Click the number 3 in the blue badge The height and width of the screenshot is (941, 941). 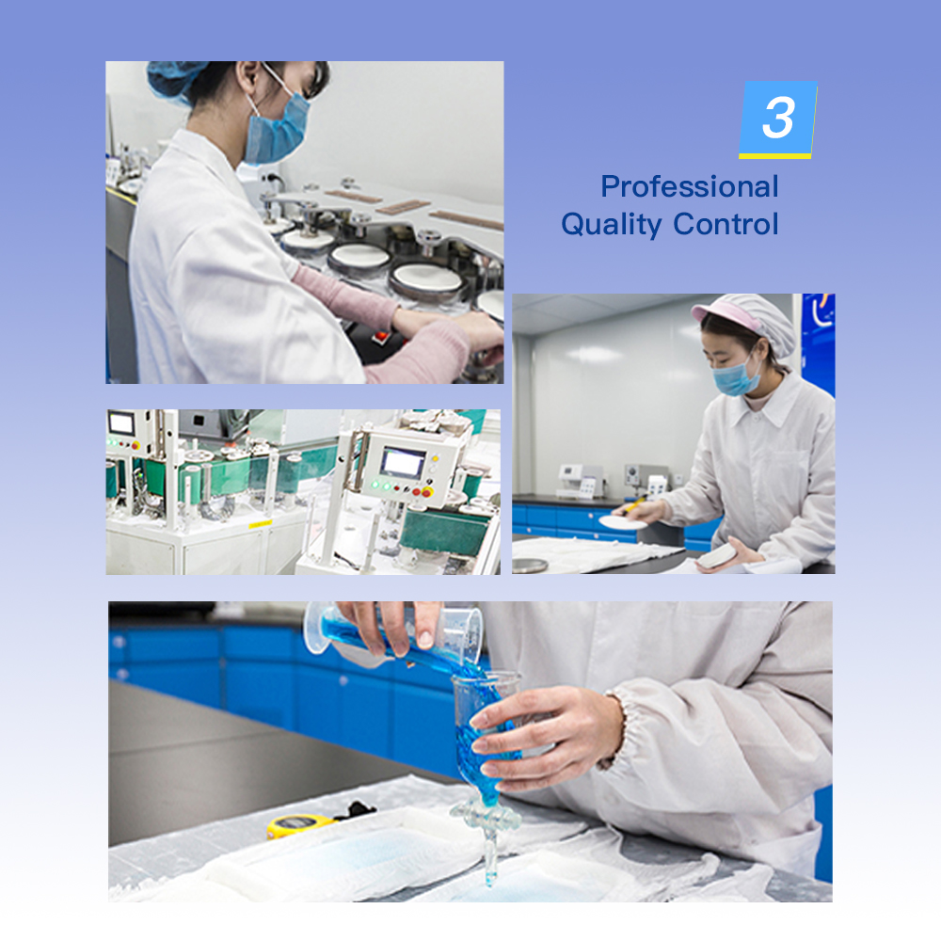778,118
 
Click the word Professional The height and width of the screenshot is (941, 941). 690,186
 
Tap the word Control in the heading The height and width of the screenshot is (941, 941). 726,224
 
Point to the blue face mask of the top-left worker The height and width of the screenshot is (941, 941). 276,129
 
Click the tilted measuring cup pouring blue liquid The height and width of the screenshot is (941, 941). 393,630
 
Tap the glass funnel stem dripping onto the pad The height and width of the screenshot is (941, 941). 491,853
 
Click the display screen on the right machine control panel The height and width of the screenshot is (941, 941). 404,463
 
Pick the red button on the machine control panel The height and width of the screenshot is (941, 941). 426,493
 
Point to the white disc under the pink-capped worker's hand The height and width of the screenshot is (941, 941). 623,522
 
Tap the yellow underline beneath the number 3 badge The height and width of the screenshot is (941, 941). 774,156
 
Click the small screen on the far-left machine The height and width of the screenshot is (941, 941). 121,423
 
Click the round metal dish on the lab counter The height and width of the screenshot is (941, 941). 530,566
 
